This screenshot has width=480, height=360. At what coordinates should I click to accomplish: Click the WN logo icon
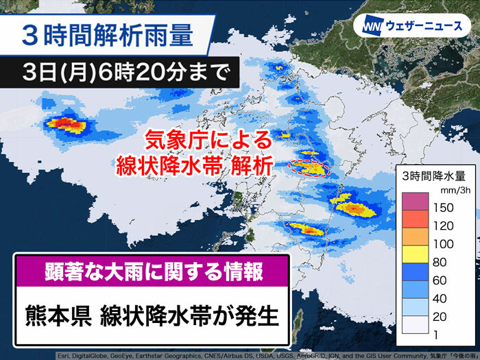click(x=373, y=25)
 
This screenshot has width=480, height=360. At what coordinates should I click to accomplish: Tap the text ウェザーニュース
click(x=424, y=26)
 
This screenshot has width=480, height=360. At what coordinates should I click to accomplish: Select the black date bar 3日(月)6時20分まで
click(x=119, y=73)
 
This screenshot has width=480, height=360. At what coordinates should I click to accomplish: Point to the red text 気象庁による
click(x=208, y=140)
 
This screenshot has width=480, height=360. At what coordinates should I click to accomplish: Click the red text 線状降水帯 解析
click(x=195, y=166)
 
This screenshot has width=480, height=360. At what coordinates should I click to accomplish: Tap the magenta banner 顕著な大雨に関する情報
click(x=152, y=272)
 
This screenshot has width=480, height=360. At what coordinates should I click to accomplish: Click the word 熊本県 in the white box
click(x=58, y=316)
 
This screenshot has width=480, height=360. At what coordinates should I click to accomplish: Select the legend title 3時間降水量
click(x=434, y=176)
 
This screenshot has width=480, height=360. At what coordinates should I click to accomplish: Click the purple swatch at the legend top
click(x=415, y=202)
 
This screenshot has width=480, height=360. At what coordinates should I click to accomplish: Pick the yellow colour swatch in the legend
click(x=415, y=254)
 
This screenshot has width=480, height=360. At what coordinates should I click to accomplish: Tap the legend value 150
click(x=444, y=208)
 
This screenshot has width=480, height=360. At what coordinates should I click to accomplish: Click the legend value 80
click(x=440, y=263)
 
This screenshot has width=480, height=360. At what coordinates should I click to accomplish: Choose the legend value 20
click(x=440, y=317)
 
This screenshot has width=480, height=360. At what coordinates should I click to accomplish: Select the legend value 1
click(x=436, y=335)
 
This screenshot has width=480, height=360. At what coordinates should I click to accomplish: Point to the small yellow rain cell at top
click(x=280, y=68)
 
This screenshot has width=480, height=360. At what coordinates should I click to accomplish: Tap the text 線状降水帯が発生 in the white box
click(x=189, y=316)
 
